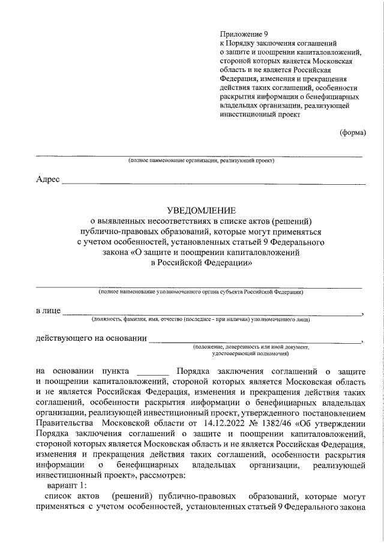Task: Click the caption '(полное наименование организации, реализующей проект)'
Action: tap(200, 161)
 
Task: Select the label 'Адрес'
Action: tap(48, 180)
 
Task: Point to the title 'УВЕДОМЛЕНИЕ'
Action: tap(200, 211)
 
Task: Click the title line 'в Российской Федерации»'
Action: tap(200, 262)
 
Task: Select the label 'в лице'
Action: tap(48, 311)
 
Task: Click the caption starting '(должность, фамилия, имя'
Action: tap(200, 320)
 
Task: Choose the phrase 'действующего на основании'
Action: tap(92, 338)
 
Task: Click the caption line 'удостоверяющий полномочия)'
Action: tap(250, 354)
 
